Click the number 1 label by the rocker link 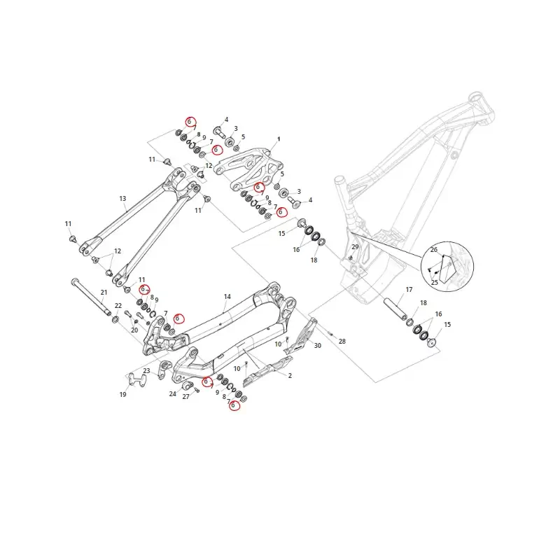click(x=279, y=139)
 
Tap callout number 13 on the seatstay click(x=122, y=199)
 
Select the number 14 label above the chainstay click(x=227, y=297)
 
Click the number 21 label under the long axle click(x=104, y=292)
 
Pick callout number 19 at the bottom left click(x=123, y=395)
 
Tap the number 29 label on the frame click(x=355, y=248)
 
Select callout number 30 click(x=317, y=345)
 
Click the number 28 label click(x=342, y=341)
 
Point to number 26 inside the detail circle click(x=434, y=250)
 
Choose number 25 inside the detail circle click(x=434, y=282)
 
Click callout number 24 click(x=172, y=393)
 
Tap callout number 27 click(x=186, y=397)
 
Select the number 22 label click(x=118, y=306)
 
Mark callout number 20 click(x=134, y=330)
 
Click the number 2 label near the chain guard click(x=270, y=375)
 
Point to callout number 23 click(x=146, y=371)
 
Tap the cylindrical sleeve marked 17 click(x=397, y=309)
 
